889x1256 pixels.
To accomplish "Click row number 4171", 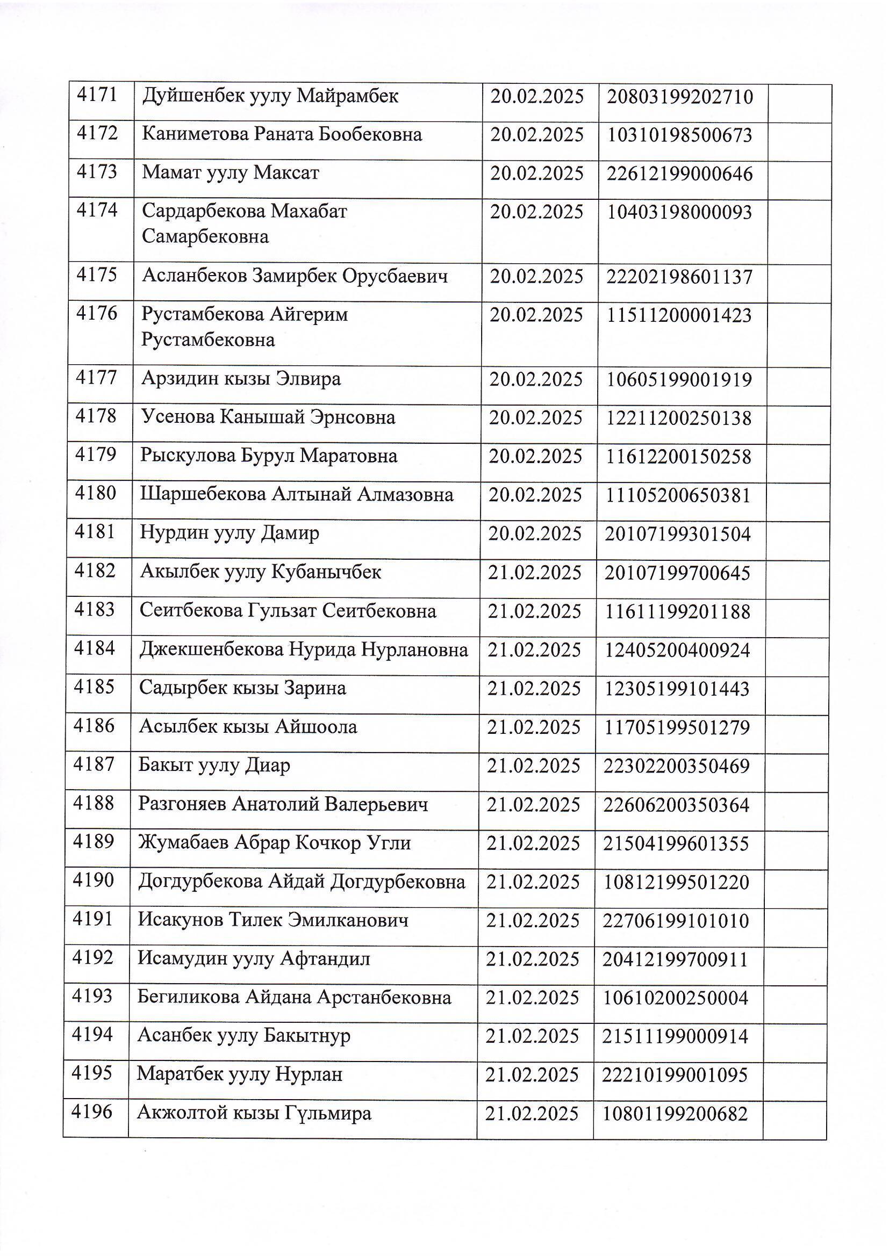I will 97,95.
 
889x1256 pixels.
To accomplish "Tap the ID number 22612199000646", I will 679,174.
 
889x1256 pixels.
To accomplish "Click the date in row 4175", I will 536,276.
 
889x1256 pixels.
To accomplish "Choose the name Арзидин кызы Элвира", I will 241,379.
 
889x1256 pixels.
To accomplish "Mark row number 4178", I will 96,416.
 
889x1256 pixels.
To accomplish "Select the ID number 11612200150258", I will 678,456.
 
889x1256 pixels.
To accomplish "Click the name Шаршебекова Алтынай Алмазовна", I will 296,495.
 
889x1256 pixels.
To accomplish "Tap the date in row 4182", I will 535,572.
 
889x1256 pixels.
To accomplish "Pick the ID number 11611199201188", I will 677,611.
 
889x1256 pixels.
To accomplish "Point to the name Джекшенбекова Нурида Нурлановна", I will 303,649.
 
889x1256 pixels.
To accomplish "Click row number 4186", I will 94,726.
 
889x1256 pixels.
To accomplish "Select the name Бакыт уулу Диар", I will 214,765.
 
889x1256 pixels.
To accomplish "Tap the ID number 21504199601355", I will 676,843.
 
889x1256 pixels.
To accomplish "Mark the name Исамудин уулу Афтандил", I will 254,958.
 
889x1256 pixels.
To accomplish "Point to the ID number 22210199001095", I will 675,1075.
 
